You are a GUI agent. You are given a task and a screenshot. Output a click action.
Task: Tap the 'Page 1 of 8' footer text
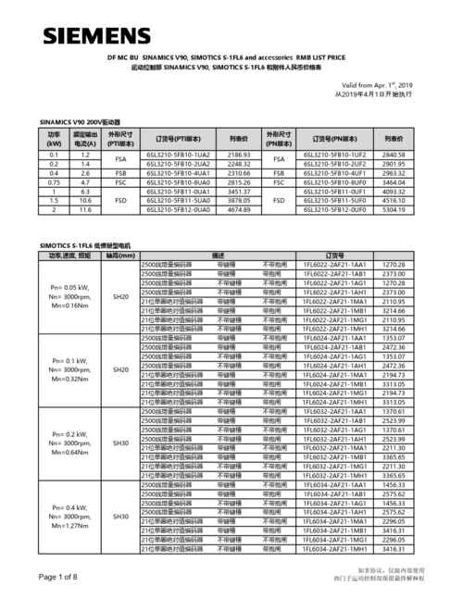58,577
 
